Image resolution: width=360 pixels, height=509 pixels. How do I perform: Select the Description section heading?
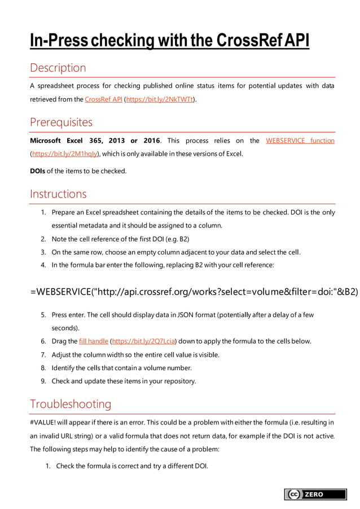[58, 68]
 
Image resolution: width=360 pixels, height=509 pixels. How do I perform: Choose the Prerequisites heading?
[61, 122]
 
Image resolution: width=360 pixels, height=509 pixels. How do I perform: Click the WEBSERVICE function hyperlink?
[300, 141]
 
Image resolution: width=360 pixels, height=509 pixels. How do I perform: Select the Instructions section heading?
[58, 194]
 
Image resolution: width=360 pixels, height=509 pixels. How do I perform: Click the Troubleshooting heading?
[71, 404]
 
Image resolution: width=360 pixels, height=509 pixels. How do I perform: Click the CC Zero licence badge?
[315, 494]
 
